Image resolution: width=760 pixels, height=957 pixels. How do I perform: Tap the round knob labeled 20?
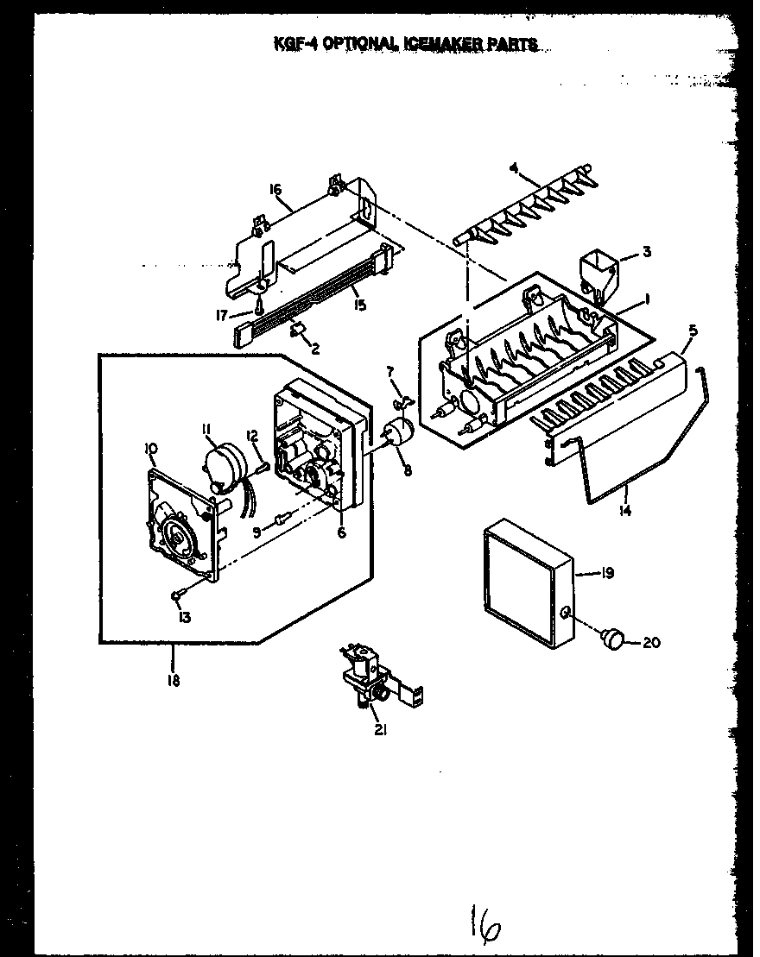(x=613, y=639)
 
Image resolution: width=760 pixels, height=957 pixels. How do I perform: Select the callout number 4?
(x=513, y=168)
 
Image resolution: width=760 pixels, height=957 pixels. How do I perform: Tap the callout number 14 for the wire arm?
(x=624, y=512)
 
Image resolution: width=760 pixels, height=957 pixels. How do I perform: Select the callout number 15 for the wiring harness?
(x=360, y=305)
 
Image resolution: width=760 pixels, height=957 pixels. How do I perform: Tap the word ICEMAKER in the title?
(x=415, y=44)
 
